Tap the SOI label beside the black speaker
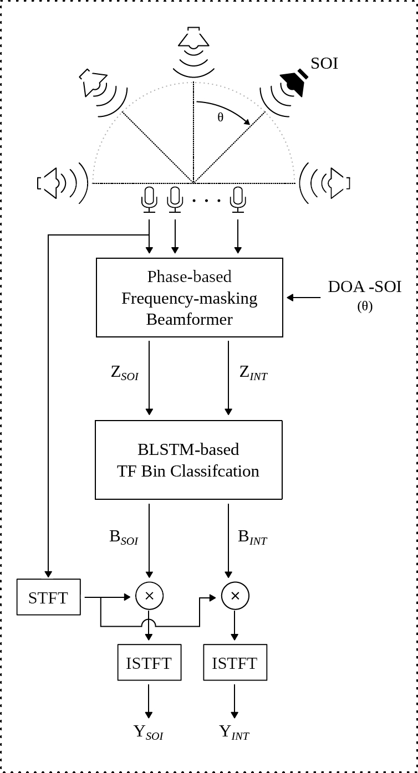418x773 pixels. (324, 64)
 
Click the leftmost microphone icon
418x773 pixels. (149, 199)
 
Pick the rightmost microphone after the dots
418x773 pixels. (238, 199)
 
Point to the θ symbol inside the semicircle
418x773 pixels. (221, 117)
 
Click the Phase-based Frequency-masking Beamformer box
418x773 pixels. (190, 298)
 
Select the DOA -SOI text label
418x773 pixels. (364, 287)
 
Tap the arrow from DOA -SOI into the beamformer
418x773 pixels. (303, 298)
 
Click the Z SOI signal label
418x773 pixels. (125, 373)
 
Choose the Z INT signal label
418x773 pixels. (253, 373)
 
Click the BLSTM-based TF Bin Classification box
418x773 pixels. (188, 460)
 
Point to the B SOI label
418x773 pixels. (124, 537)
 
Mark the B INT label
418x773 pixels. (252, 537)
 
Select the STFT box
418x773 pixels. (49, 597)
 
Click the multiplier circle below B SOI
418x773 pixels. (149, 596)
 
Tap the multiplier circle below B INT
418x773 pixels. (235, 596)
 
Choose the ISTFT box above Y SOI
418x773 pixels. (149, 663)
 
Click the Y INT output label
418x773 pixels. (234, 732)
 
